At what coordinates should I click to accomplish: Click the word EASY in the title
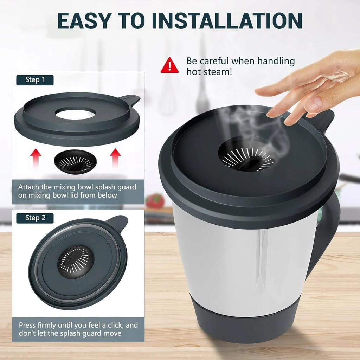coord(84,21)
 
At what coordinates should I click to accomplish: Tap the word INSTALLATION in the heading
coord(227,21)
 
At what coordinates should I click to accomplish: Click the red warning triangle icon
coord(169,65)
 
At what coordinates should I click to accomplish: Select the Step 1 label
coord(35,80)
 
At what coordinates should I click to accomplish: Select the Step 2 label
coord(35,218)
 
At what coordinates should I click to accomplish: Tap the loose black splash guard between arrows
coord(75,162)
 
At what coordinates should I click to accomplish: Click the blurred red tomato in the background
coord(155,201)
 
